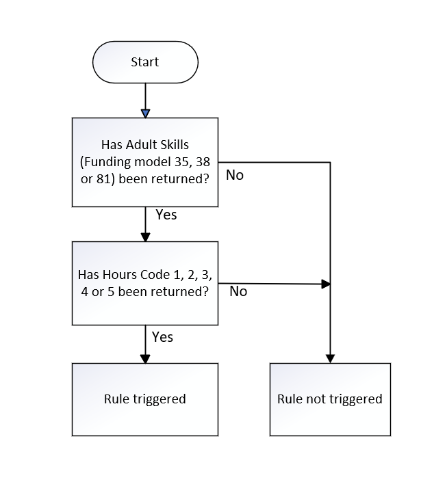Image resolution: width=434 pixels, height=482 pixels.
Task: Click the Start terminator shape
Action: click(x=145, y=62)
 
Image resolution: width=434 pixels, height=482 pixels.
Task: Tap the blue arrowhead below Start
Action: click(x=145, y=113)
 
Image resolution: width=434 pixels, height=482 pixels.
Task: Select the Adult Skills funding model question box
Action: click(x=145, y=162)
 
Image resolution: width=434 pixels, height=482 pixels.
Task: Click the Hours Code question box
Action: click(x=145, y=283)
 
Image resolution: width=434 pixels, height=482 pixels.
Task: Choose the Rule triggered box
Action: click(x=145, y=400)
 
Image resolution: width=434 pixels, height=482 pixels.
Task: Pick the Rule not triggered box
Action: click(x=330, y=400)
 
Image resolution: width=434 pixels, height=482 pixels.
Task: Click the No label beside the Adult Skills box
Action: click(x=235, y=175)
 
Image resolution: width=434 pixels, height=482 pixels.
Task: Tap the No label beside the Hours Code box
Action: click(x=238, y=291)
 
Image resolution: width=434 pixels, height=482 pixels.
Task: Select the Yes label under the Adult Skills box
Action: click(x=166, y=215)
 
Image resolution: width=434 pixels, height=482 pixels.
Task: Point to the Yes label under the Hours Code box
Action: click(x=162, y=337)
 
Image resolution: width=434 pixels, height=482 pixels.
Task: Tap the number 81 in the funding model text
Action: click(x=103, y=179)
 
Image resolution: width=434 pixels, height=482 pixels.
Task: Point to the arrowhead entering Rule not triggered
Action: click(x=330, y=358)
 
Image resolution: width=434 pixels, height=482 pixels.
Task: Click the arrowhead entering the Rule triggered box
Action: click(x=145, y=359)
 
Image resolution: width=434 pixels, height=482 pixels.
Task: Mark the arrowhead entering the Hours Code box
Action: click(x=145, y=237)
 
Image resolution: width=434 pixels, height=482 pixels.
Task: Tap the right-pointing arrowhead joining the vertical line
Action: click(x=326, y=284)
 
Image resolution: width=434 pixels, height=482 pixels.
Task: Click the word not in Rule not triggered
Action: click(x=317, y=399)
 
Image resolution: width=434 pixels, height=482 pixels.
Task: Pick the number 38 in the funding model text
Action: click(x=203, y=161)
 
